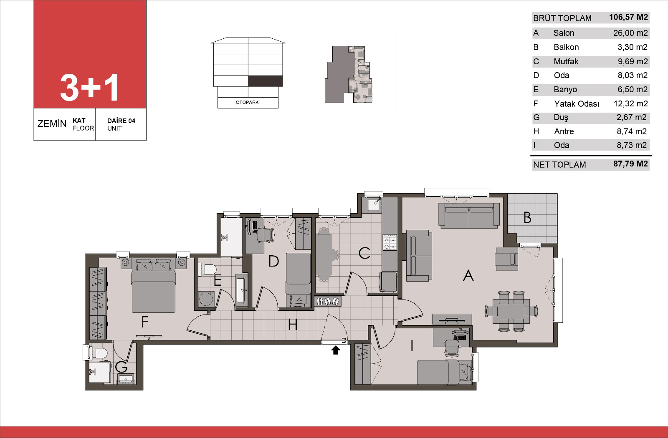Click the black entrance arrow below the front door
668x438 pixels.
click(x=336, y=350)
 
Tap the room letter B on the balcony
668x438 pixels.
click(x=527, y=217)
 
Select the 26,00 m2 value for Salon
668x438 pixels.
click(x=630, y=33)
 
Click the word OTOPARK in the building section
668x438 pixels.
click(x=247, y=102)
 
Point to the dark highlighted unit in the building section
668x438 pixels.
click(x=266, y=81)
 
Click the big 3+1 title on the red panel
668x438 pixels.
click(x=89, y=88)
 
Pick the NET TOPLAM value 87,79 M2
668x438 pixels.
click(x=630, y=164)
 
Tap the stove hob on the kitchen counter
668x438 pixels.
click(x=390, y=242)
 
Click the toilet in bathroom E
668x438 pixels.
click(x=207, y=269)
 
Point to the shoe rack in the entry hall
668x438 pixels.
click(x=328, y=302)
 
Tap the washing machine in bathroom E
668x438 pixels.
click(x=206, y=299)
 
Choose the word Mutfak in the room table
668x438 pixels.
click(x=566, y=61)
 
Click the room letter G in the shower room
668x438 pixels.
click(x=121, y=367)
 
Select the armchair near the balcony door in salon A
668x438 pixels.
click(x=506, y=259)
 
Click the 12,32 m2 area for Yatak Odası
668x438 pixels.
click(x=630, y=104)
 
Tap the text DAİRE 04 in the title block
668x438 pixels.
click(x=121, y=121)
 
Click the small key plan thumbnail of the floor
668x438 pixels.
click(x=349, y=75)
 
